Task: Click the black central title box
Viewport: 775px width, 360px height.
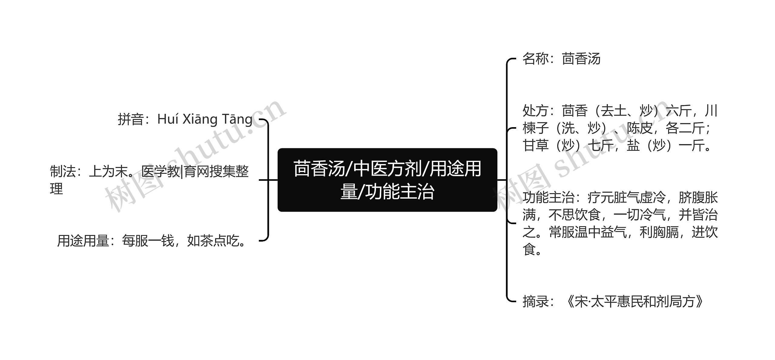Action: point(387,180)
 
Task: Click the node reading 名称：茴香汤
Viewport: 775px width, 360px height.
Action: point(561,59)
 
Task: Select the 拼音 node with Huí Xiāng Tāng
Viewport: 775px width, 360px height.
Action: point(185,119)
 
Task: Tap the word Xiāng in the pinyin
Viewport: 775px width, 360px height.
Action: point(200,119)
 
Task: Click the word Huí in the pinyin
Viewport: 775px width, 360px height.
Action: point(167,119)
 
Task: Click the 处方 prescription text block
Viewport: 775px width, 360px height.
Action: point(619,128)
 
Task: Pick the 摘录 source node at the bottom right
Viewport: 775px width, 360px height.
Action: point(613,302)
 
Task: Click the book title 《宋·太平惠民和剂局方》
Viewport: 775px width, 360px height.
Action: point(634,302)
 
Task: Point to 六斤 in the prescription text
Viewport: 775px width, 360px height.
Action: point(679,111)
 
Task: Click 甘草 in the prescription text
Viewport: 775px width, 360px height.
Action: point(536,145)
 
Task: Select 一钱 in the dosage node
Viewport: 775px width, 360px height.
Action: point(161,241)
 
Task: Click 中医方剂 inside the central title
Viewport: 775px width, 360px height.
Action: point(387,169)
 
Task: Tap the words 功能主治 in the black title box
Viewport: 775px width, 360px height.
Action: point(400,192)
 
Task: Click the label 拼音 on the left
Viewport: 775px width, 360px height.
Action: point(130,119)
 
